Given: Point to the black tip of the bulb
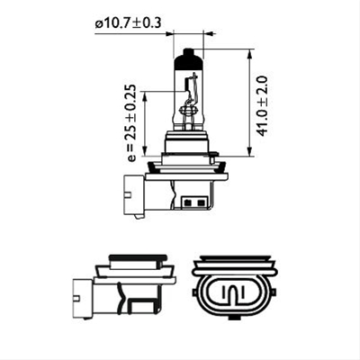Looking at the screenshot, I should click(x=186, y=59).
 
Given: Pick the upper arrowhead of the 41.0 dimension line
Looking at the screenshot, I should click(x=247, y=53).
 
